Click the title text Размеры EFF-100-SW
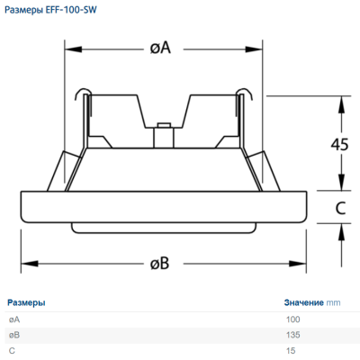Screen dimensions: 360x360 (50, 10)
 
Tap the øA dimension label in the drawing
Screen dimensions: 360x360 (160, 48)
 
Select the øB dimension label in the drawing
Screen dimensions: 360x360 (159, 263)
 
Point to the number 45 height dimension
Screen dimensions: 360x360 (339, 144)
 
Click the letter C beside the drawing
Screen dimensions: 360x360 (340, 208)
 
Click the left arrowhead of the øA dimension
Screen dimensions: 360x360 (74, 49)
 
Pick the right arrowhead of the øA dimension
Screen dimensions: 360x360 (254, 49)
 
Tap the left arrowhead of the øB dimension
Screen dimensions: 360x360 (30, 264)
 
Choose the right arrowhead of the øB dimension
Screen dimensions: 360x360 (298, 264)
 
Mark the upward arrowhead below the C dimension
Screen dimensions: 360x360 (341, 232)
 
